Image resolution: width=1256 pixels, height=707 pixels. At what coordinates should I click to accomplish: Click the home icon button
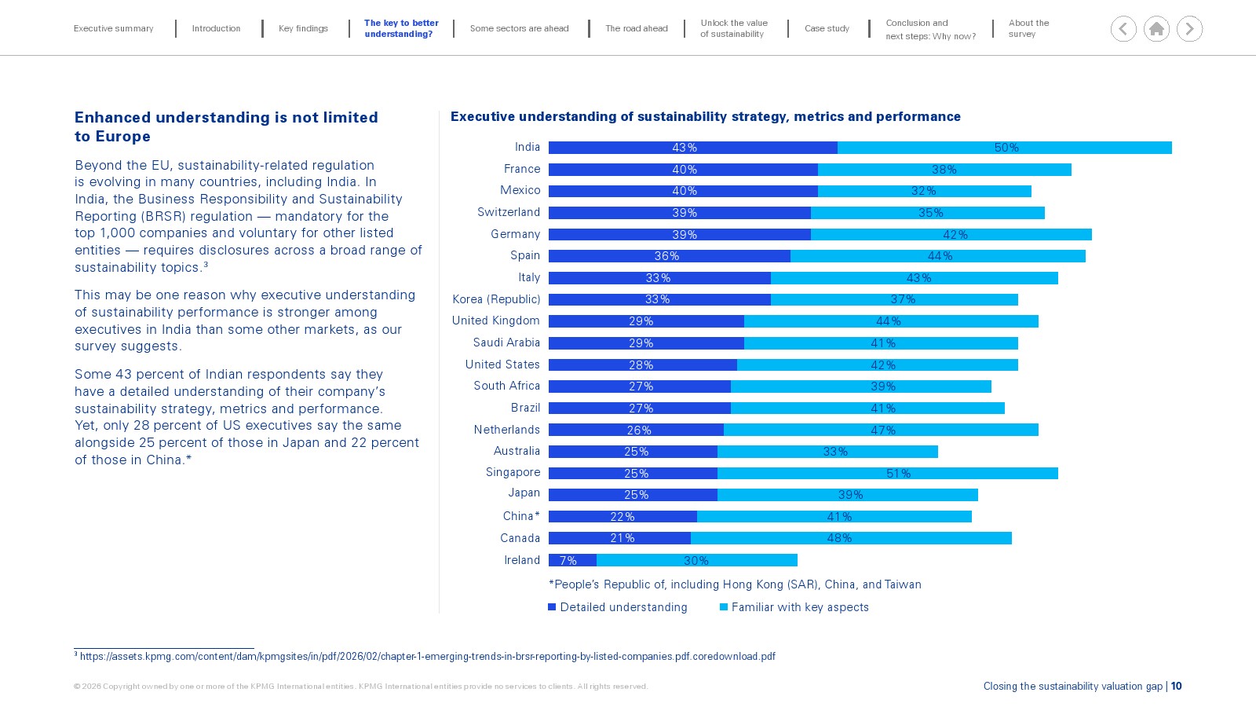point(1156,28)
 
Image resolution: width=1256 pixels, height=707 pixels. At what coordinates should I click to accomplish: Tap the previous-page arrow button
point(1123,28)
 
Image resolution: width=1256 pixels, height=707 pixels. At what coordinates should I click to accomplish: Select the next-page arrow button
point(1189,28)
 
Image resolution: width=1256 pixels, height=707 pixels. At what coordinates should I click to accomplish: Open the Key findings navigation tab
point(303,28)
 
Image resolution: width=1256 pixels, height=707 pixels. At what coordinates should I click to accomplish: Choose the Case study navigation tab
point(827,28)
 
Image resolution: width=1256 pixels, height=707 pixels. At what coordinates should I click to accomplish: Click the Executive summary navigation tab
point(113,28)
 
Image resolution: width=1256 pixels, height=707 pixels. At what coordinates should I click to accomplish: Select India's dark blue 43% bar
point(693,148)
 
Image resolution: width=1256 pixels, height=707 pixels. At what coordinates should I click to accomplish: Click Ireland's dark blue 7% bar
point(572,560)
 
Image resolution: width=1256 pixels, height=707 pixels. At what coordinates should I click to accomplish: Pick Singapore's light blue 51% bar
point(888,473)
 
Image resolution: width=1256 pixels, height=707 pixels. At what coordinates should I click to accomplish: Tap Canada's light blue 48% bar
point(851,538)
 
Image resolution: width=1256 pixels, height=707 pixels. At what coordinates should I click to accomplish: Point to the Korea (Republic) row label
point(496,299)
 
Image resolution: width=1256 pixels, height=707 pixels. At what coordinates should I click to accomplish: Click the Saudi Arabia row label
point(506,343)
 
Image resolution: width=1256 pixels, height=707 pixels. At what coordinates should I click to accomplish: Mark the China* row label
point(521,515)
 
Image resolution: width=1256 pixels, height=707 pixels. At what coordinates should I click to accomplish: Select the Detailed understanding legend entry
point(617,607)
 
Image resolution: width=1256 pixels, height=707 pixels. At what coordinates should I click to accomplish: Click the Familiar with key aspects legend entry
point(794,607)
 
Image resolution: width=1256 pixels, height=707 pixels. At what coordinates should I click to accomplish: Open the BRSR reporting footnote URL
point(427,656)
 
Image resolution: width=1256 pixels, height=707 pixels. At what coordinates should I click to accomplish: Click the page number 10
point(1176,686)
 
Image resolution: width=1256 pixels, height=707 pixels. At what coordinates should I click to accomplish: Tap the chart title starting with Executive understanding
point(706,116)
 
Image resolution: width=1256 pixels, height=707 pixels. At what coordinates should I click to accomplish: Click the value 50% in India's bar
point(1006,148)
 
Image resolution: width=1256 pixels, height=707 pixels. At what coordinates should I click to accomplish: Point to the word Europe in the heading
point(122,137)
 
